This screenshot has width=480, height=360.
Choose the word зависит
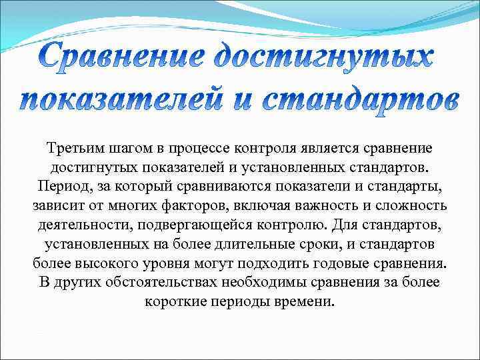tap(55, 205)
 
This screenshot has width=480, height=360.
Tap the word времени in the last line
tap(306, 301)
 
